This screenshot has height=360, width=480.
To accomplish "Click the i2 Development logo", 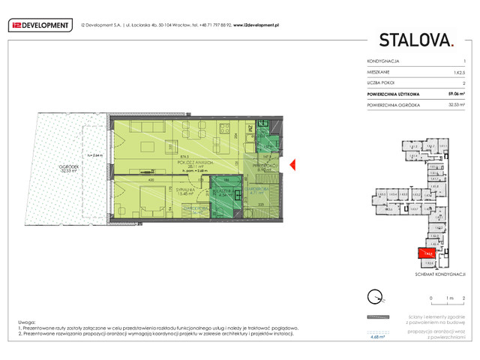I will point(39,25).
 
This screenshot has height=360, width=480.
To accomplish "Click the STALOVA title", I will point(416,40).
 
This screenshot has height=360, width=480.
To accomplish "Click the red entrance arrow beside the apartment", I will point(295,165).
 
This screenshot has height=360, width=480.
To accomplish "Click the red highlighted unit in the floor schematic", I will point(426,253).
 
